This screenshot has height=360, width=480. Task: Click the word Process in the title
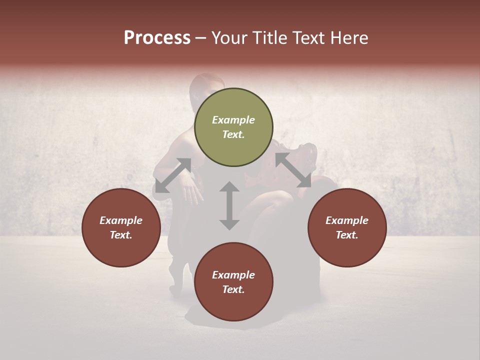(x=157, y=38)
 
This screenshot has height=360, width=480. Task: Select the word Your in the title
(x=228, y=38)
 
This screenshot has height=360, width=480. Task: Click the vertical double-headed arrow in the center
(x=229, y=205)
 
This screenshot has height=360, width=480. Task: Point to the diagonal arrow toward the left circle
(x=173, y=175)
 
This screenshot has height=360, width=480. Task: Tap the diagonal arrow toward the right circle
(x=293, y=170)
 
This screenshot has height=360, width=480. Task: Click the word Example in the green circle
(x=233, y=120)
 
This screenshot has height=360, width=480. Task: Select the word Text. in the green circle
(x=233, y=134)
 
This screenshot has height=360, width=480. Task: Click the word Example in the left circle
(x=121, y=220)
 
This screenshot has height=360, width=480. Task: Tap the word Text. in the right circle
(x=347, y=235)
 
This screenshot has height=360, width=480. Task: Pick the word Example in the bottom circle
(x=233, y=275)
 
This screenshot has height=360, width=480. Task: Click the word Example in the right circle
(x=347, y=220)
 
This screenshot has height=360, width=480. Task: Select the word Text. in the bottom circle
(x=233, y=289)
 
